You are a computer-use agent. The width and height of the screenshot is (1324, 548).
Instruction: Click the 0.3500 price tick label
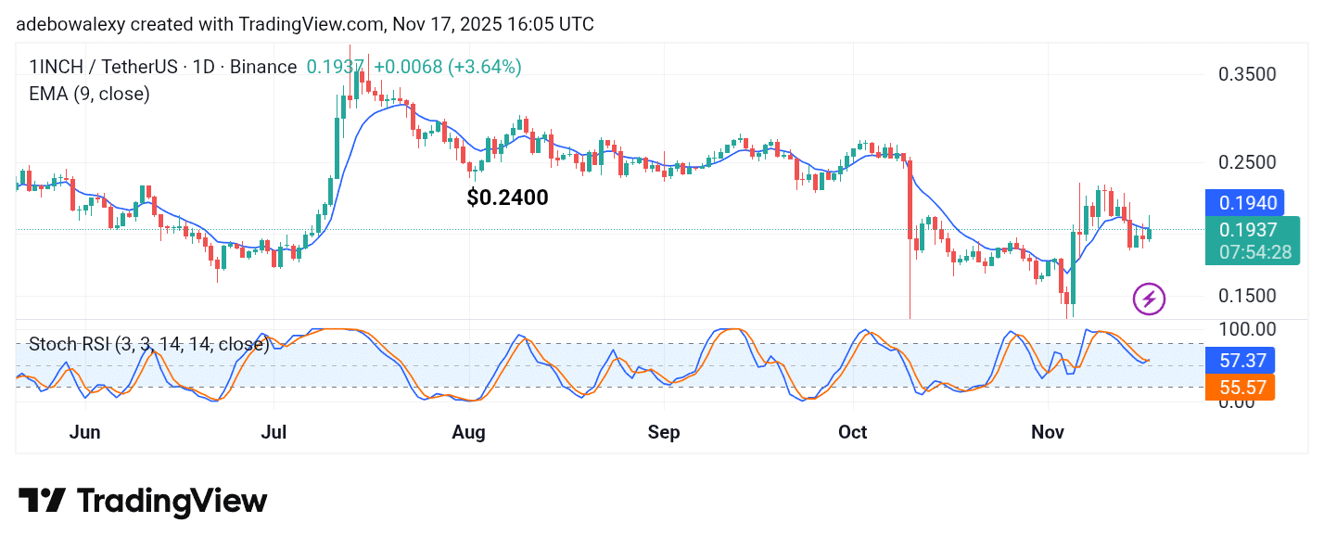point(1247,74)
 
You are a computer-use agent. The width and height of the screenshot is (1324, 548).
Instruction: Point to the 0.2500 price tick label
point(1247,162)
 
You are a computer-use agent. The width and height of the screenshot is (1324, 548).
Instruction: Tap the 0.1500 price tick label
point(1247,296)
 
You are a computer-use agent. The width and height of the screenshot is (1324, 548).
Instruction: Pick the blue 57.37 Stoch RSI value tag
point(1240,360)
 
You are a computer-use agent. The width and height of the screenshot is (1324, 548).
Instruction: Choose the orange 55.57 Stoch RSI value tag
point(1240,388)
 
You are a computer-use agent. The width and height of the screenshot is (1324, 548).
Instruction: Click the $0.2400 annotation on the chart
point(508,198)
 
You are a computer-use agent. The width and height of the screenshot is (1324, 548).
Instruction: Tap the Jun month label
point(85,432)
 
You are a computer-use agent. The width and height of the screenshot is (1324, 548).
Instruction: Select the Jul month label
point(274,432)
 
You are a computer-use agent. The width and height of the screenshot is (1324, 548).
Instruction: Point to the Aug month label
point(469,432)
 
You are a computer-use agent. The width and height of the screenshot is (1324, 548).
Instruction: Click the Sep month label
point(664,432)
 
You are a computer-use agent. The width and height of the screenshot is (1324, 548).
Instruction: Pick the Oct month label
point(852,432)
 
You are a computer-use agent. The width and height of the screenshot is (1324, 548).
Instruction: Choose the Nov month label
point(1048,432)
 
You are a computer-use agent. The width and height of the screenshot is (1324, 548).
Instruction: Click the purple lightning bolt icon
point(1150,299)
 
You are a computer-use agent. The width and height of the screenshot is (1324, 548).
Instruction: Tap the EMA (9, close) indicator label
point(89,94)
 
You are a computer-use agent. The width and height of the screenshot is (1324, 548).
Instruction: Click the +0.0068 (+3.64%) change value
point(447,67)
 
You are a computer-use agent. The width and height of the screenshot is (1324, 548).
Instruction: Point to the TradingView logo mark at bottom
point(43,502)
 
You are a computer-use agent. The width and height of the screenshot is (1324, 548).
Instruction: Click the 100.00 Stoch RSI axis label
point(1247,329)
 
